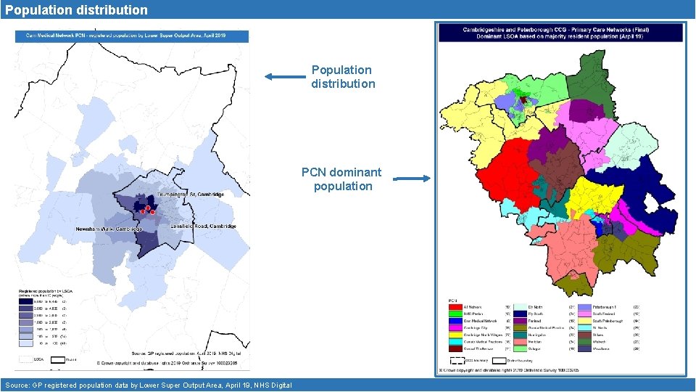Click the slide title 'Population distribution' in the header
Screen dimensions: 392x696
coord(75,10)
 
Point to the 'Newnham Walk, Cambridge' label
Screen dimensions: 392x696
coord(109,229)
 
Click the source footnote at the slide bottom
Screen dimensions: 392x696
coord(148,385)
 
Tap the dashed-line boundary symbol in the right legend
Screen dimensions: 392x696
coord(455,359)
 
